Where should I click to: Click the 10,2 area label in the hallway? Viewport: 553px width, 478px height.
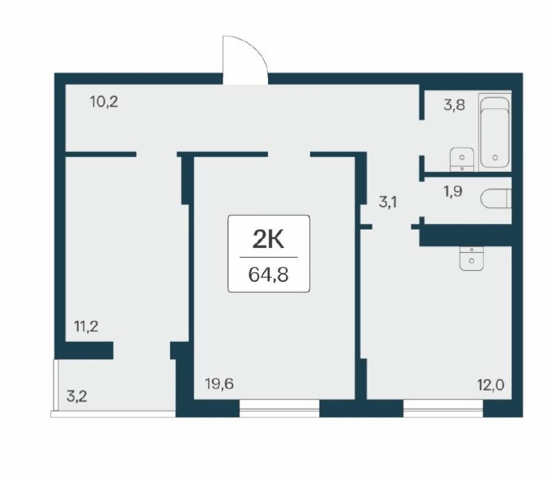pos(104,102)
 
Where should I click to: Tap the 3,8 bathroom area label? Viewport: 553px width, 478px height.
pos(454,105)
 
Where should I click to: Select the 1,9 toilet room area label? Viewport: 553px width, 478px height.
pos(453,191)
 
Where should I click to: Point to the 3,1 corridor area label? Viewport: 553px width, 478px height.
pos(387,202)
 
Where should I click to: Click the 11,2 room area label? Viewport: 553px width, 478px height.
pos(86,326)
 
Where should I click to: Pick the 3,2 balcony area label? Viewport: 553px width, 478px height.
pos(77,396)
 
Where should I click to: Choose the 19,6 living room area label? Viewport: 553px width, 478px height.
pos(220,383)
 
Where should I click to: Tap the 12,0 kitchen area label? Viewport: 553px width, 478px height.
pos(491,385)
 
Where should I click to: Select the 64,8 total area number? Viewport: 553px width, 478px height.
pos(269,274)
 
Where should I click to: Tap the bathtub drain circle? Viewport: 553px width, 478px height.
pos(495,157)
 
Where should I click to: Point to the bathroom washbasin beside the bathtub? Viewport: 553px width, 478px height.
pos(462,160)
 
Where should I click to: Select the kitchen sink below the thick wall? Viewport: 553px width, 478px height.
pos(472,258)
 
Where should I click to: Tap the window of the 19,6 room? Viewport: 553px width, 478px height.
pos(280,408)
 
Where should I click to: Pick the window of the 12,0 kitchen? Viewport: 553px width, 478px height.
pos(443,408)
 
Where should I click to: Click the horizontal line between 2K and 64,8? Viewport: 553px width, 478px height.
pos(269,258)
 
